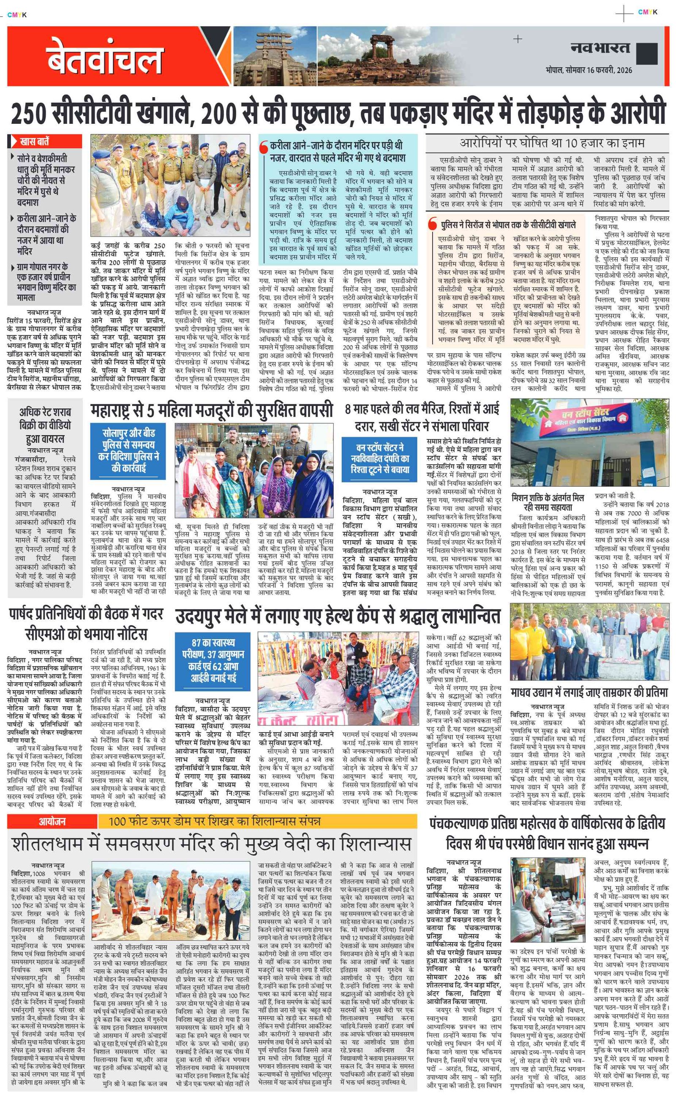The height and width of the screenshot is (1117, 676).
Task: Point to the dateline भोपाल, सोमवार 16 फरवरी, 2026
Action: pyautogui.click(x=589, y=70)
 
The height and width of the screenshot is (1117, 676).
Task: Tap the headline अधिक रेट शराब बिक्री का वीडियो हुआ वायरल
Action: pyautogui.click(x=45, y=425)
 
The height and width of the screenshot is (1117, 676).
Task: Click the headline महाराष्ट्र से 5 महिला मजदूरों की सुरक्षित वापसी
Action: pyautogui.click(x=212, y=411)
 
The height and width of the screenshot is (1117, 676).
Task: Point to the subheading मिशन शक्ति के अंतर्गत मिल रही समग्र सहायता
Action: pyautogui.click(x=548, y=502)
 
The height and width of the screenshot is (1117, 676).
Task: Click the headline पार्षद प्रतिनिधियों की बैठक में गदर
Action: pyautogui.click(x=86, y=614)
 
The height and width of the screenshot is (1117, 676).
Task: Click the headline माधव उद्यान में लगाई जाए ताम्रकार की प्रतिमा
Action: pyautogui.click(x=589, y=693)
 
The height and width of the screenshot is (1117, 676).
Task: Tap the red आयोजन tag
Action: pyautogui.click(x=52, y=821)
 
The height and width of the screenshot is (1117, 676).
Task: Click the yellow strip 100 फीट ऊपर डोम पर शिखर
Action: pyautogui.click(x=215, y=821)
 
